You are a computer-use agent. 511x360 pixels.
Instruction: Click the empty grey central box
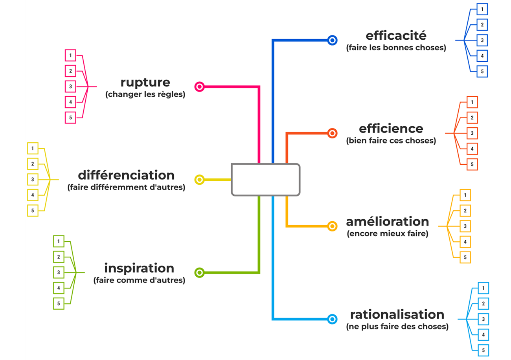(265, 180)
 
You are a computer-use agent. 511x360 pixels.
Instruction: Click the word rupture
(145, 83)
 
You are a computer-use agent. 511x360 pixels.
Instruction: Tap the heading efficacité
(396, 36)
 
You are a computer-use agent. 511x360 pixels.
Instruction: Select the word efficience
(391, 129)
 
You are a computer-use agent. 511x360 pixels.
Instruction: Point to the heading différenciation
(126, 175)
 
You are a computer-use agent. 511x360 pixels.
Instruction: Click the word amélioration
(387, 221)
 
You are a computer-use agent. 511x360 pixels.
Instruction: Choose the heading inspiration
(139, 268)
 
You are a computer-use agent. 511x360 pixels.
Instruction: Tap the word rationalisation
(397, 314)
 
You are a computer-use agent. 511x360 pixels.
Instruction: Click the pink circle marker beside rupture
(200, 86)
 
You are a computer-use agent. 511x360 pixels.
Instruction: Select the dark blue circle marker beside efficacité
(332, 40)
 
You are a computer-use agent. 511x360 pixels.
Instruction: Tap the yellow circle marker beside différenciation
(200, 180)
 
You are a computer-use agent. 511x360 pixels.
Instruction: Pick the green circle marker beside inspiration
(200, 272)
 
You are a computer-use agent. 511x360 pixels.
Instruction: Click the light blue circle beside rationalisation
(332, 319)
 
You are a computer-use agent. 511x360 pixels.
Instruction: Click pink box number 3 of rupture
(70, 86)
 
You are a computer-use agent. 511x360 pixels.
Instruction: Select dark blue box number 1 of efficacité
(482, 9)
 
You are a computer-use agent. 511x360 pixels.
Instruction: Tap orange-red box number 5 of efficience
(472, 165)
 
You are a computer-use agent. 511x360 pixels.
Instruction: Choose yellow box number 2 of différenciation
(33, 164)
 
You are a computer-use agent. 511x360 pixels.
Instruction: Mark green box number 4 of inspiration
(59, 288)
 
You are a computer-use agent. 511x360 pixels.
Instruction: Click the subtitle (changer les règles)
(145, 95)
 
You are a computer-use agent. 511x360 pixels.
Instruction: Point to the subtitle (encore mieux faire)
(387, 234)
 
